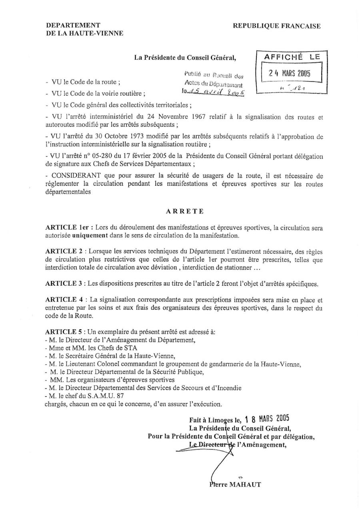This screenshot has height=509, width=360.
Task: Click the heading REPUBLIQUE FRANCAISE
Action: pos(277,26)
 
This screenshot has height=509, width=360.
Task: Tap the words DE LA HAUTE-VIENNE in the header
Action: pos(84,34)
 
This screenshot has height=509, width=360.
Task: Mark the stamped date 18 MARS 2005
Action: pos(267,419)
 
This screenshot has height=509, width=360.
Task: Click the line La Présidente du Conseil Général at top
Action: pos(185,58)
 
